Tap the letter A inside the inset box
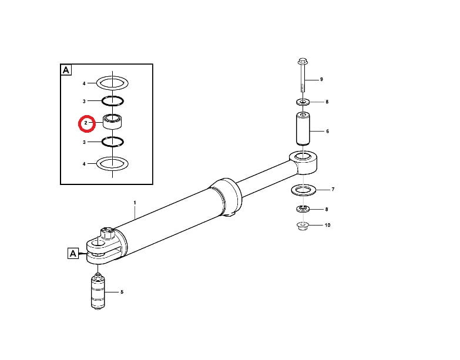tap(66, 70)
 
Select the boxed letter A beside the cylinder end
tap(73, 253)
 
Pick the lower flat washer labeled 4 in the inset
tap(112, 170)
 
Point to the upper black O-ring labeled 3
tap(112, 97)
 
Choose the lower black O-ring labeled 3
tap(112, 138)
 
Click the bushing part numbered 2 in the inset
tap(112, 122)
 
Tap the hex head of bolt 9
tap(302, 62)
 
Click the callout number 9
tap(321, 79)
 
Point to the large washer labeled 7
tap(303, 194)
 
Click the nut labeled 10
tap(303, 226)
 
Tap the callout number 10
tap(327, 225)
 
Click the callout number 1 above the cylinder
tap(135, 203)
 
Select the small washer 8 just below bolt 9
tap(303, 102)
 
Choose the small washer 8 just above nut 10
tap(303, 209)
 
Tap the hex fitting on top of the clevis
tap(107, 234)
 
